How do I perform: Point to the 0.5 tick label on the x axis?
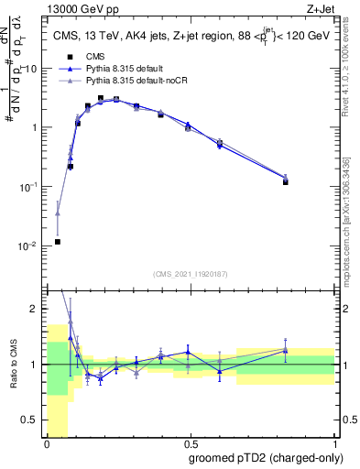[190, 442]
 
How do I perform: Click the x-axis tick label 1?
[333, 442]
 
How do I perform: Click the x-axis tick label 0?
[47, 442]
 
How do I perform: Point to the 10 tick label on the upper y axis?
[31, 68]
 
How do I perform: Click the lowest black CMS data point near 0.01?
[58, 242]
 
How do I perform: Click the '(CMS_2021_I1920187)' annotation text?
[191, 274]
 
